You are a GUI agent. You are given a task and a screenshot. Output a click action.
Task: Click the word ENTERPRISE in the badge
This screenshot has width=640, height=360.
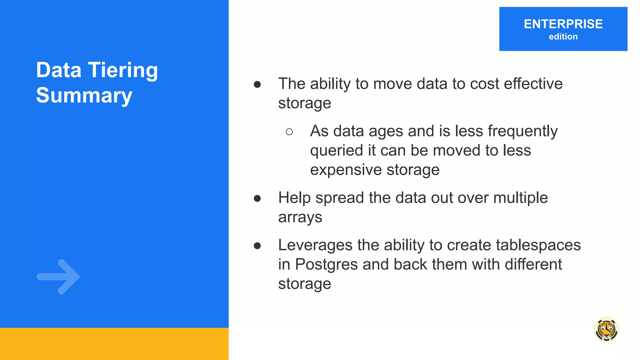pos(563,24)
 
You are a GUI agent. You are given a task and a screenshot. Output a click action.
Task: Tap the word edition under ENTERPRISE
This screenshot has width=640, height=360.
pos(563,37)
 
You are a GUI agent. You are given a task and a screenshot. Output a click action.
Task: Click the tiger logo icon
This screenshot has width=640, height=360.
pos(606,330)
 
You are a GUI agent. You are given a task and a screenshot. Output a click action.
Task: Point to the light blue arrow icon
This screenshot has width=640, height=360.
pos(59,277)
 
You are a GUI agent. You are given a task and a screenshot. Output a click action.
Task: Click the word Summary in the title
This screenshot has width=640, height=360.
pos(84,95)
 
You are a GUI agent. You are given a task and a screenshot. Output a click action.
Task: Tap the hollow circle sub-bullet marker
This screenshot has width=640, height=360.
pos(289,132)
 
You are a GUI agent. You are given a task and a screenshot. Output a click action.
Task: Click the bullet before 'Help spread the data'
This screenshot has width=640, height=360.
pos(257,198)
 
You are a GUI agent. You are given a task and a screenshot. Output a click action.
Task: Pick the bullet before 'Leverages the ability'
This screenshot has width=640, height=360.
pos(257,246)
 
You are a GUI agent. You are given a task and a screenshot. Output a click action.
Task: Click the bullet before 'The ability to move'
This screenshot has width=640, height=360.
pos(257,84)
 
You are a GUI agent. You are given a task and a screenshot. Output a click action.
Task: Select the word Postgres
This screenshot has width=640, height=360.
pos(326,265)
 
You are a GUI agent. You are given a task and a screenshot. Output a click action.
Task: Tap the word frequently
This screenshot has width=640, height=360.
pos(522,131)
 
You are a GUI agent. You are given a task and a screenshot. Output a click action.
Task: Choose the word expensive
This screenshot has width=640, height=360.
pos(346,170)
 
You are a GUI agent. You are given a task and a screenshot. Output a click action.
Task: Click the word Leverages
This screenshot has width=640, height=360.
pos(315,245)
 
